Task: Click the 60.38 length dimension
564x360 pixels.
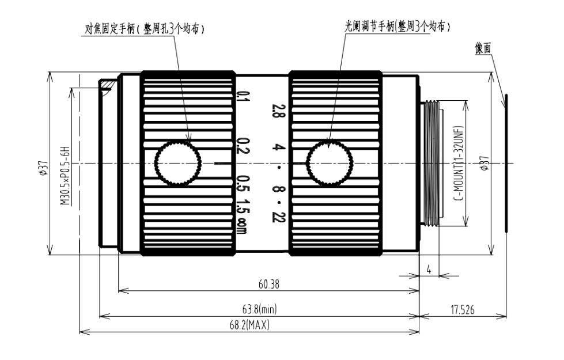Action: pyautogui.click(x=268, y=285)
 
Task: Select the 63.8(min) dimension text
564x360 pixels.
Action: pyautogui.click(x=259, y=309)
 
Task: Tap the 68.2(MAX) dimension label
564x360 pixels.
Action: pyautogui.click(x=249, y=325)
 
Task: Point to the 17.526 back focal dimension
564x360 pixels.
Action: pyautogui.click(x=462, y=309)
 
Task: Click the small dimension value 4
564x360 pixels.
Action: pyautogui.click(x=429, y=270)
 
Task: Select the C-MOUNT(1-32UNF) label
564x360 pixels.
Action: pyautogui.click(x=459, y=164)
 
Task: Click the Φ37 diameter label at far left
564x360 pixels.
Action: pyautogui.click(x=44, y=168)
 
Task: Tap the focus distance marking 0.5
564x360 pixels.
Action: pyautogui.click(x=243, y=184)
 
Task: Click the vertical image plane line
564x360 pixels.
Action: pyautogui.click(x=506, y=164)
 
